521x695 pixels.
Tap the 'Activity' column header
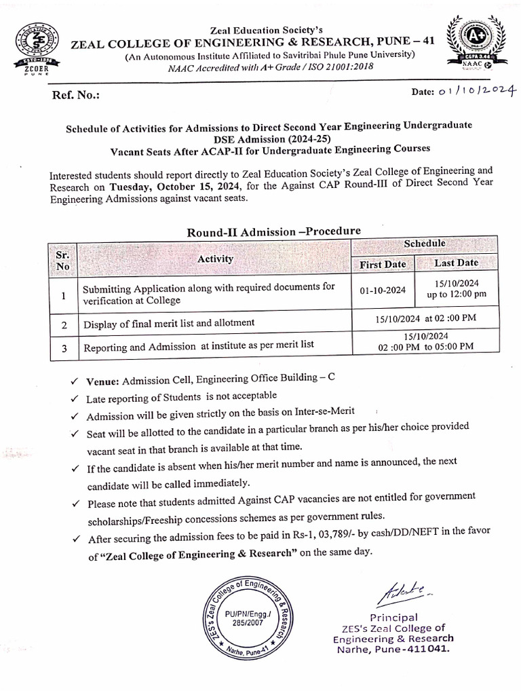[x=216, y=259]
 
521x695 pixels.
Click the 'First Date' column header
[x=383, y=264]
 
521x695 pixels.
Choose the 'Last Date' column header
[x=456, y=263]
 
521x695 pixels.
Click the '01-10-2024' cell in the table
[x=383, y=290]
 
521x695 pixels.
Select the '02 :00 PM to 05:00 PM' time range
[x=425, y=346]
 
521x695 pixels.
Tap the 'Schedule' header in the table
[x=425, y=243]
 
